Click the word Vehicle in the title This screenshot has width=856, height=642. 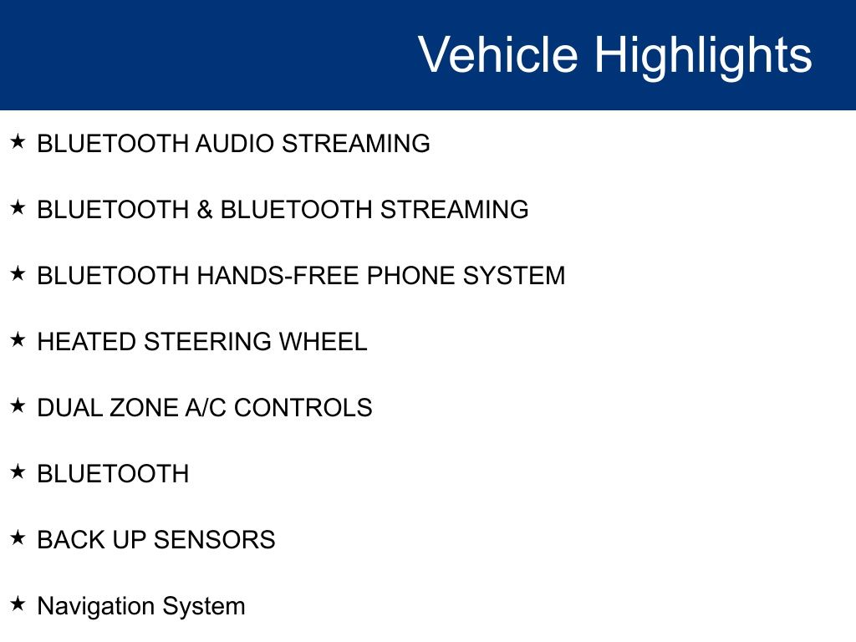coord(498,54)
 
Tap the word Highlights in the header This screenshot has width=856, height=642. coord(703,57)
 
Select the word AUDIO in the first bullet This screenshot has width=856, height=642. coord(235,144)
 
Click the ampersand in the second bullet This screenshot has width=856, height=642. coord(205,210)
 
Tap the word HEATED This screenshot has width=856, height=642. coord(86,342)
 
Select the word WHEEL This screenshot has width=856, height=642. coord(324,342)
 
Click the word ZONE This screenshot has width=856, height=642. coord(144,408)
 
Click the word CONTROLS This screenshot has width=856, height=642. coord(303,408)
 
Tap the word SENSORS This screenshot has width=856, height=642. coord(215,540)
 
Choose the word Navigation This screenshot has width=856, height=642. coord(95,606)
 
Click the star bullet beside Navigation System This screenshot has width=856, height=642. coord(18,604)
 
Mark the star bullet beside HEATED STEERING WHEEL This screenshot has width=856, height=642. coord(18,339)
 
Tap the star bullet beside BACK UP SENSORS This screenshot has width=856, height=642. coord(18,538)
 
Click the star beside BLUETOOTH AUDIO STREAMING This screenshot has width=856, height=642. coord(18,141)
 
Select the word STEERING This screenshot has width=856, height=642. coord(207,342)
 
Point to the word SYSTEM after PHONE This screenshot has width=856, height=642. coord(514,276)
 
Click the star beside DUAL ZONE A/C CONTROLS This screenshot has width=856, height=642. coord(18,405)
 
